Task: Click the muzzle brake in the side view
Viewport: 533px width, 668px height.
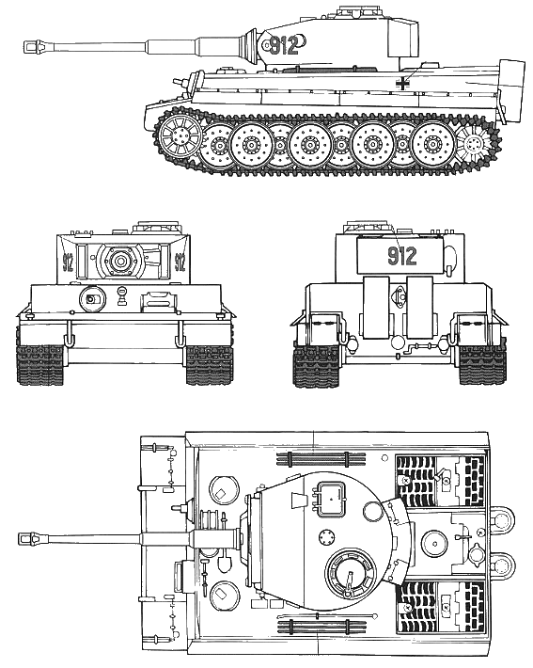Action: (34, 47)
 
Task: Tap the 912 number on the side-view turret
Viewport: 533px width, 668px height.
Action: (284, 45)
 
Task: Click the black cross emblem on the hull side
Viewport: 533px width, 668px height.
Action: (402, 84)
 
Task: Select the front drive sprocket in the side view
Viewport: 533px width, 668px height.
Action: (180, 137)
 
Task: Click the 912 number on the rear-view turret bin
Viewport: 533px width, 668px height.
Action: (402, 256)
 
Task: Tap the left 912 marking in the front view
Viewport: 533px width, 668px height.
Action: (68, 262)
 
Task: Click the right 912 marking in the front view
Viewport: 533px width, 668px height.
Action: (180, 262)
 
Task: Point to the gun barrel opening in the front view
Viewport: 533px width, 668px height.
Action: (121, 260)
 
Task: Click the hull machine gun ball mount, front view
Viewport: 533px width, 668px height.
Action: (91, 299)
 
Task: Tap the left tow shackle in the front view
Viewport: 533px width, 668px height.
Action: (68, 334)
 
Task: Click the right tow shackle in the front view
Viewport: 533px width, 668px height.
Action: (180, 334)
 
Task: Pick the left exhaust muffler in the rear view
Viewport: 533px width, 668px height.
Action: (376, 308)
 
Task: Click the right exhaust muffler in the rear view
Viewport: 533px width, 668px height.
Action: (420, 308)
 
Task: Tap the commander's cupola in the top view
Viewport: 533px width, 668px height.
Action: (351, 573)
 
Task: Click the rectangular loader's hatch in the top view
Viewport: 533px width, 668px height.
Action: (330, 497)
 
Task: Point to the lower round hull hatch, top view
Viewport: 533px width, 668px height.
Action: (224, 596)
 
